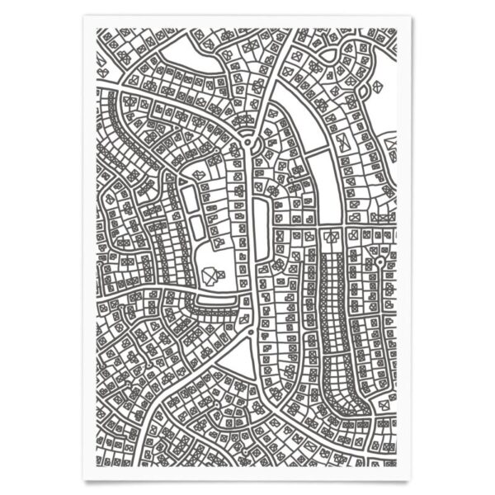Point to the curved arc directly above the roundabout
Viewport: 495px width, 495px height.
[x=245, y=120]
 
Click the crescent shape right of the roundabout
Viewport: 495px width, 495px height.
[x=273, y=146]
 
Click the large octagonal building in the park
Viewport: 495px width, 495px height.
[x=209, y=275]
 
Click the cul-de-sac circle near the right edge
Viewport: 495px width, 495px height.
[x=379, y=262]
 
